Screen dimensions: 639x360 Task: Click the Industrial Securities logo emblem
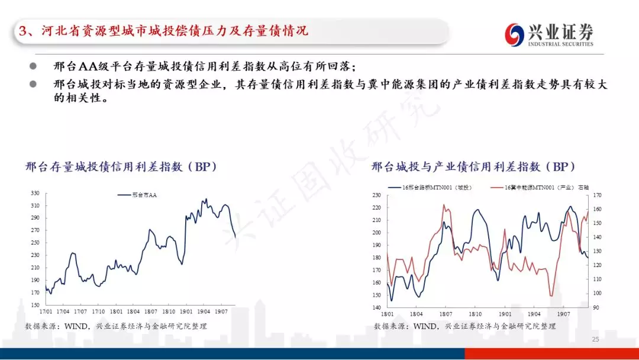[x=514, y=34]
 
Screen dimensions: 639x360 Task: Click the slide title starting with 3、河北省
[x=163, y=31]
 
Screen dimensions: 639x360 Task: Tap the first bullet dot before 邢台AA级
[x=33, y=66]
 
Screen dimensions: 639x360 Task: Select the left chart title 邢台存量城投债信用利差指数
[x=121, y=167]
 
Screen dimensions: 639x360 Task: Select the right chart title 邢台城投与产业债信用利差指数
[x=473, y=167]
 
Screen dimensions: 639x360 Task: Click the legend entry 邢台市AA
[x=137, y=195]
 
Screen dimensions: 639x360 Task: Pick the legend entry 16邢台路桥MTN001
[x=430, y=188]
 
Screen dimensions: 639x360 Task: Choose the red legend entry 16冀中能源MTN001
[x=540, y=188]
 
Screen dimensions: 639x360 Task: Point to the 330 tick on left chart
[x=35, y=193]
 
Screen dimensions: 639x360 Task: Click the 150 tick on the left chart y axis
[x=35, y=305]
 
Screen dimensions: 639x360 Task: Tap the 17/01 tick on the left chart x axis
[x=46, y=311]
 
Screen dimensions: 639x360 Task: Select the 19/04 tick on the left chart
[x=204, y=311]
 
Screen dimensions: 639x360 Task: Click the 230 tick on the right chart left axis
[x=376, y=195]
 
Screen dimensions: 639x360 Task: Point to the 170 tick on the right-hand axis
[x=596, y=195]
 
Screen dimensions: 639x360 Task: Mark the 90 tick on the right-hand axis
[x=596, y=307]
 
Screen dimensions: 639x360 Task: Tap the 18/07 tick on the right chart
[x=446, y=314]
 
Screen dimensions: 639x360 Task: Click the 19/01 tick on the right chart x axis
[x=505, y=314]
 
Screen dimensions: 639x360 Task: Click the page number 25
[x=595, y=339]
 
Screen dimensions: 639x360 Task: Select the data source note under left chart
[x=116, y=326]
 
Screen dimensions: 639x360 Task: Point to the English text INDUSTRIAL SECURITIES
[x=561, y=44]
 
